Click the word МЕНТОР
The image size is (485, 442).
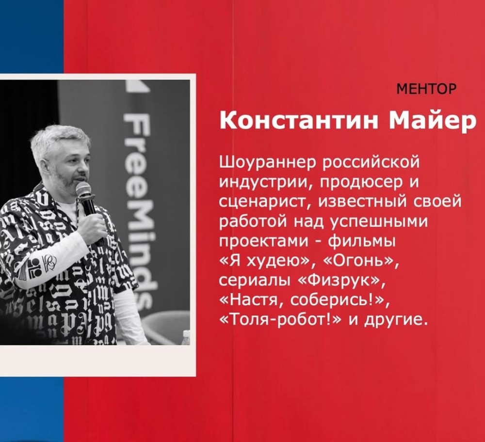click(x=426, y=89)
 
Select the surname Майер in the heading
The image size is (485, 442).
click(x=432, y=122)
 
